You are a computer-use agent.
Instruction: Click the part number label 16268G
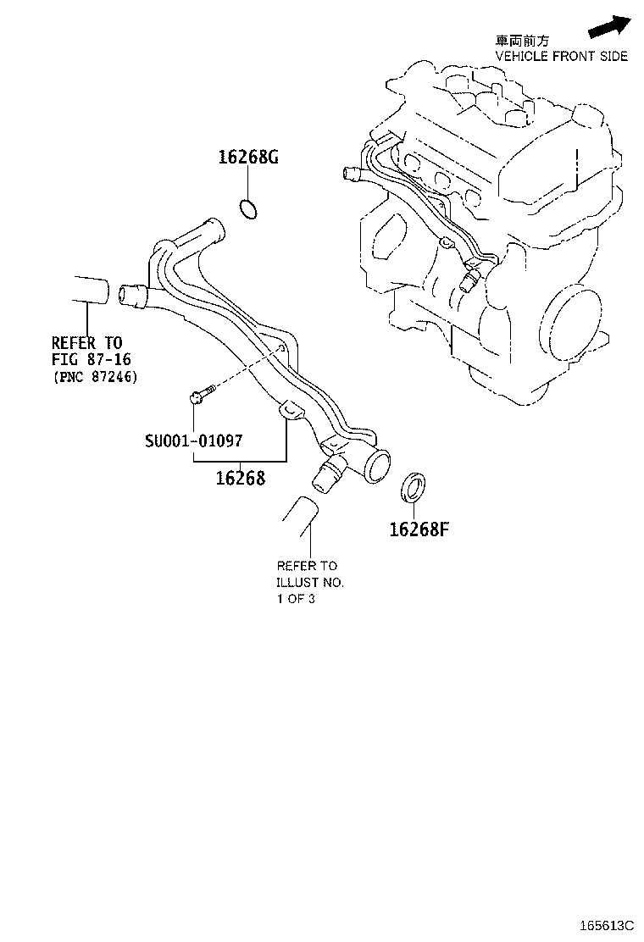(248, 158)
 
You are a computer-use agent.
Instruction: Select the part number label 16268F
(418, 529)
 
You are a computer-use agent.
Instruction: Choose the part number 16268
(240, 478)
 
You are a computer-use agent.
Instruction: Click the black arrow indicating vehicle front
(610, 25)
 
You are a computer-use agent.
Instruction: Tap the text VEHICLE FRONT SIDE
(561, 56)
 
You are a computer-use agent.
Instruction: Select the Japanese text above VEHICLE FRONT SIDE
(522, 40)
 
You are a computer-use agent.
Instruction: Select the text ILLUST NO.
(310, 583)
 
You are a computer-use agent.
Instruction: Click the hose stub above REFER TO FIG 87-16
(87, 290)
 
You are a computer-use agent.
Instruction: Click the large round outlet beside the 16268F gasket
(374, 467)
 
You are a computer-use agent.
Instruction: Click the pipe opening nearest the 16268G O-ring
(209, 229)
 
